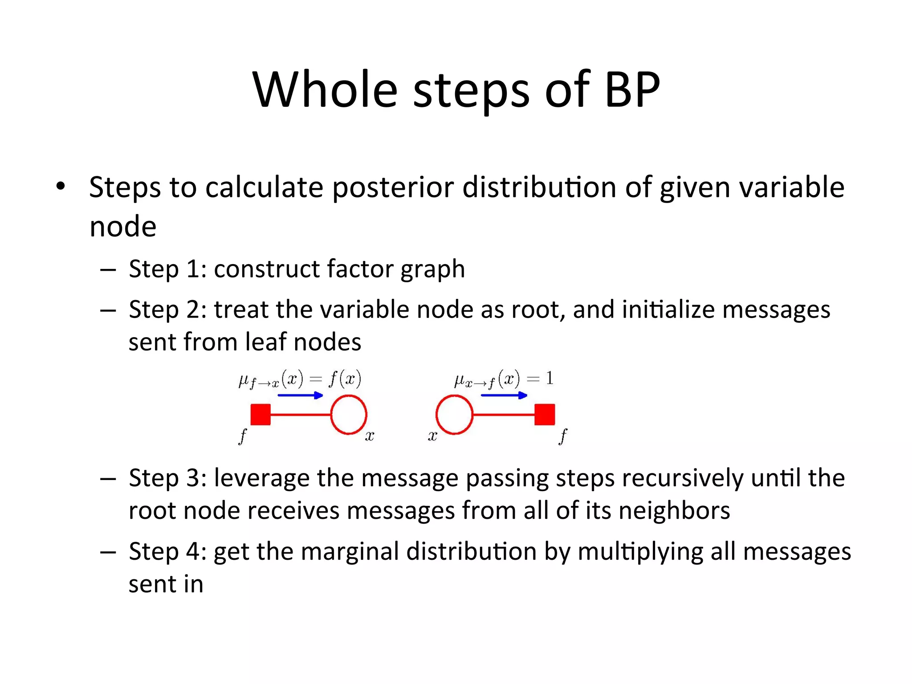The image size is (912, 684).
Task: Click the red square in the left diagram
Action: [x=261, y=415]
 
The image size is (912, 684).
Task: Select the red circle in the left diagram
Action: [x=349, y=415]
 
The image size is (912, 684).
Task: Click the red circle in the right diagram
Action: [x=454, y=415]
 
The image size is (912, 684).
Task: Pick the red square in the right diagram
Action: [x=545, y=415]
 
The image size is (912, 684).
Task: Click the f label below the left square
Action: [x=243, y=436]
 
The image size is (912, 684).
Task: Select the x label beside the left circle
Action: [x=370, y=436]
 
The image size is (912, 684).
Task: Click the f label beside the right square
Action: [x=563, y=436]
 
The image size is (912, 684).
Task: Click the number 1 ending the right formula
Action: [x=550, y=379]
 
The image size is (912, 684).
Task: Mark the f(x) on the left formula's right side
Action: [x=345, y=379]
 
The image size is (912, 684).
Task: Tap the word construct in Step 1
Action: [x=266, y=269]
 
